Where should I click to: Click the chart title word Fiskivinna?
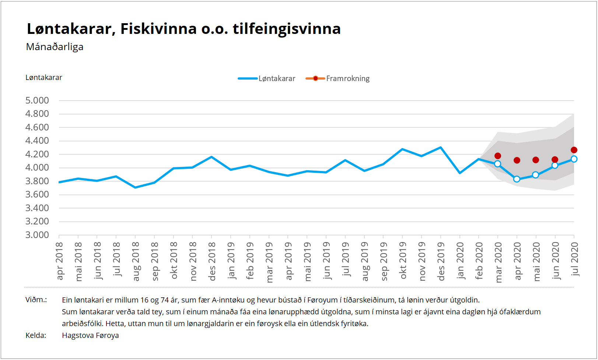158,29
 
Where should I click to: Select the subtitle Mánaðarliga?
55,47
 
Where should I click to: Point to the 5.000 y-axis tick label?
37,100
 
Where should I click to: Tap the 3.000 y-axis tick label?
37,235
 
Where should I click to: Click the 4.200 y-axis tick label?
37,154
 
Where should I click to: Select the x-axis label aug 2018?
136,261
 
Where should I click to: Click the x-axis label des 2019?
441,261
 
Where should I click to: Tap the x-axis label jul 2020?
574,259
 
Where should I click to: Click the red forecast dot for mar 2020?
498,156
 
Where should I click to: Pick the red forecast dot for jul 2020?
574,150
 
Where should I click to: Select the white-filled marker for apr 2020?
517,179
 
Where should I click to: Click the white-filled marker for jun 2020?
555,165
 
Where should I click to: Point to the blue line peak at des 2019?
441,147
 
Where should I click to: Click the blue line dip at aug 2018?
136,188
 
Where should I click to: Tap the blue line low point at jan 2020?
459,173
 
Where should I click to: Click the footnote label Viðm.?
36,300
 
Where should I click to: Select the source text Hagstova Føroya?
90,335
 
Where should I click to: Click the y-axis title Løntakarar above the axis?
44,77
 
